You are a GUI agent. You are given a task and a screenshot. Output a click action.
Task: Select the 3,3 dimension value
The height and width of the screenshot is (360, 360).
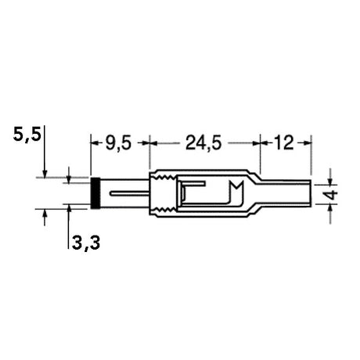(x=85, y=243)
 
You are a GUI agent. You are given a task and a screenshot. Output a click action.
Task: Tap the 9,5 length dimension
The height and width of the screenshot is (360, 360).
(x=120, y=143)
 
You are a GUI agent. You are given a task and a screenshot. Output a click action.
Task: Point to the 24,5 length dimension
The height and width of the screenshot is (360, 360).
(x=204, y=143)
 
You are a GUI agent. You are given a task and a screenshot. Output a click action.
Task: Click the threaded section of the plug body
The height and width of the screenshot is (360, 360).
(x=164, y=193)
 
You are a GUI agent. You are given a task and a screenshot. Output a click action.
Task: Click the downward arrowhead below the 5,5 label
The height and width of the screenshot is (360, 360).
(x=46, y=173)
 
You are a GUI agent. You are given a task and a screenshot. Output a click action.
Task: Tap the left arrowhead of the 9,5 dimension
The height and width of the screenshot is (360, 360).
(x=95, y=143)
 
